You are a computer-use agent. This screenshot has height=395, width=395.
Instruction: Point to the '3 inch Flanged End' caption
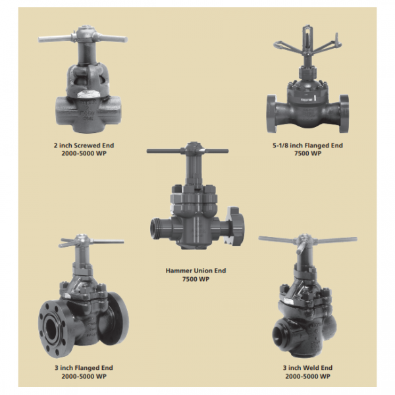pyautogui.click(x=84, y=367)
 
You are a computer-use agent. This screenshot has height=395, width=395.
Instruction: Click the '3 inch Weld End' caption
pyautogui.click(x=308, y=367)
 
